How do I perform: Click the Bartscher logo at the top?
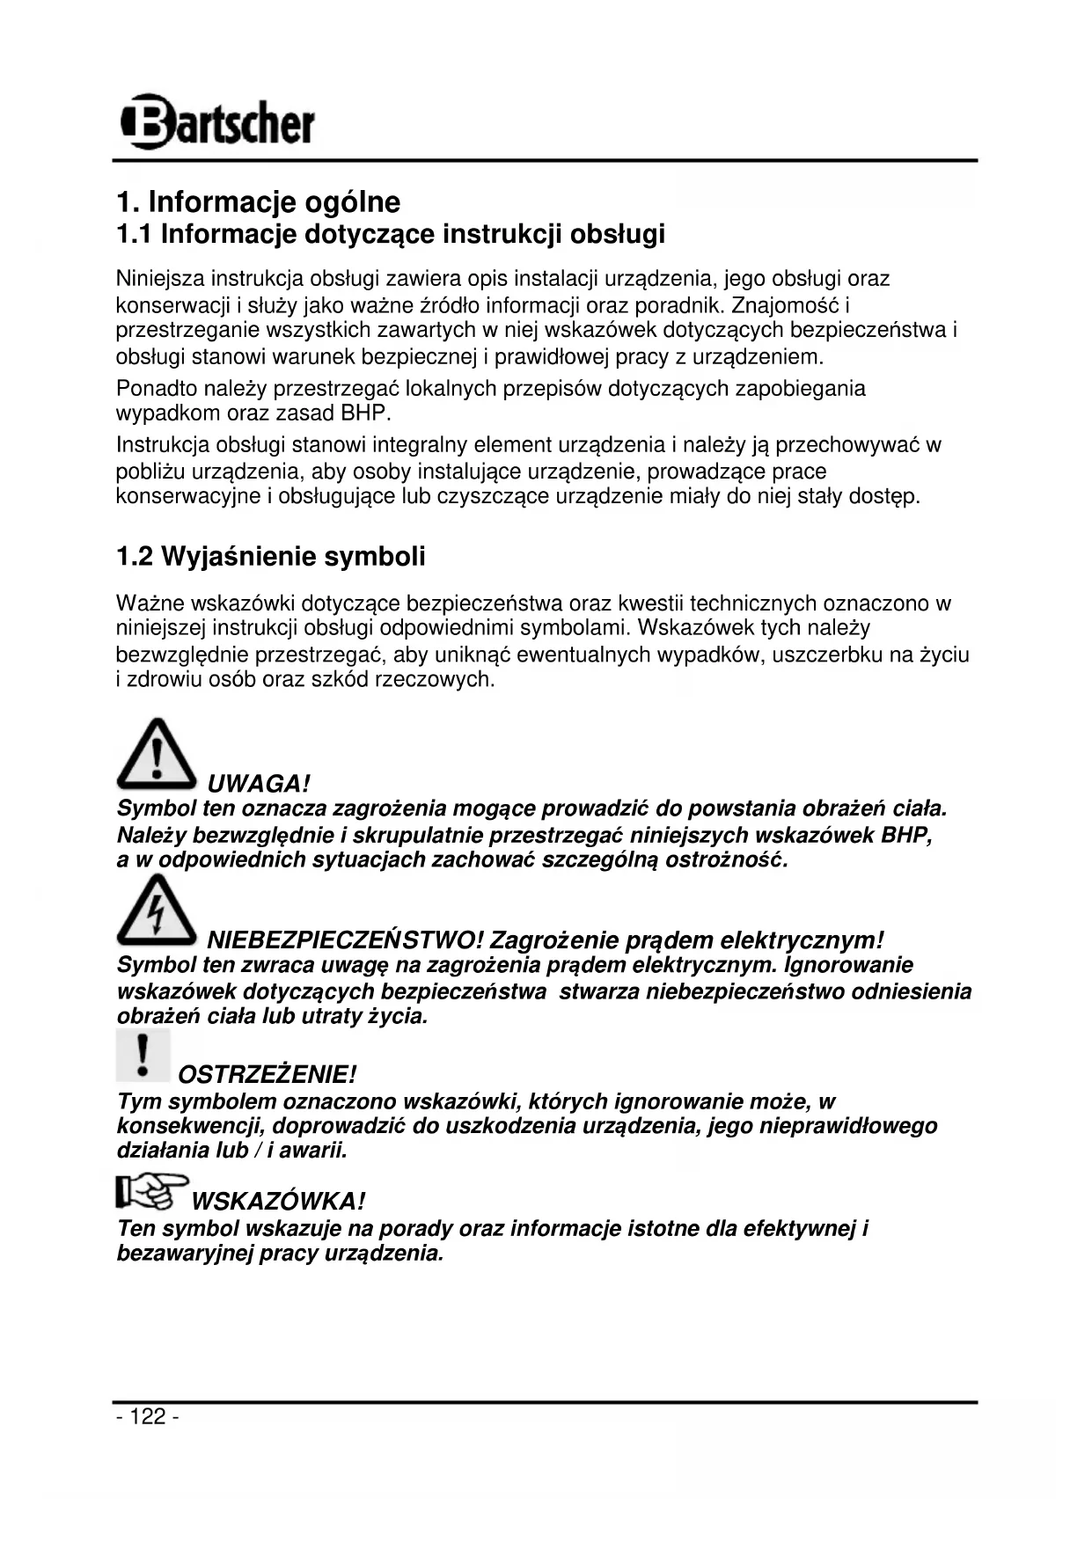pos(216,121)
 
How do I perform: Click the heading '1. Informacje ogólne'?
pos(258,202)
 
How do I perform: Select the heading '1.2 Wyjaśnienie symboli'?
pos(271,557)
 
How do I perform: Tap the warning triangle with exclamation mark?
pos(157,755)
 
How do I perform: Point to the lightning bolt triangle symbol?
pos(157,911)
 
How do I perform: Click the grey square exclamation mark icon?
pos(143,1056)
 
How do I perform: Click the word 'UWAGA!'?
pos(259,783)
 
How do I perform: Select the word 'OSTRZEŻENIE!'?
pos(268,1074)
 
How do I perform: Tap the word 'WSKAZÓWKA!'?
pos(278,1201)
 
